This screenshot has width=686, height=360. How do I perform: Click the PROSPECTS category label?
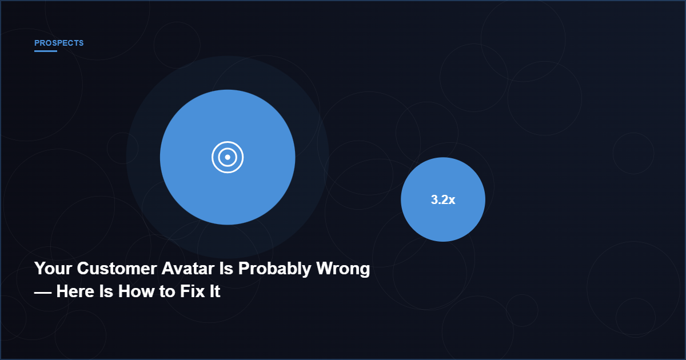[59, 43]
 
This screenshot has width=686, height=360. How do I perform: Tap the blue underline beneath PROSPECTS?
[46, 51]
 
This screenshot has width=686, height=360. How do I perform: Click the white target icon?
[228, 157]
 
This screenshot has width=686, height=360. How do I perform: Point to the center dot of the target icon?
[228, 157]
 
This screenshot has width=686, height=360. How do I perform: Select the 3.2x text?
[443, 199]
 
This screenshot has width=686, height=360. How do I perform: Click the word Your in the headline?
[53, 269]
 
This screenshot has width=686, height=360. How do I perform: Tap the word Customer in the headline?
[117, 269]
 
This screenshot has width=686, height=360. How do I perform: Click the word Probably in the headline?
[275, 269]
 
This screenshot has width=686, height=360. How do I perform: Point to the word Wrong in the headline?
[343, 269]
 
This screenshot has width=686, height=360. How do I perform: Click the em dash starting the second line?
[43, 293]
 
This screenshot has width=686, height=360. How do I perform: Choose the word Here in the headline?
[75, 291]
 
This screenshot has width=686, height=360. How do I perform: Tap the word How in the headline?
[136, 291]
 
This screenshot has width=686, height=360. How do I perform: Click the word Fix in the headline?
[192, 291]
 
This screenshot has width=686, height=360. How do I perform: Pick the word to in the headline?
[167, 292]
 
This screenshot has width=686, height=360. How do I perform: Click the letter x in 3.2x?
[452, 201]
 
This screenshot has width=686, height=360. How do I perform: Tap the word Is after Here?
[106, 291]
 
